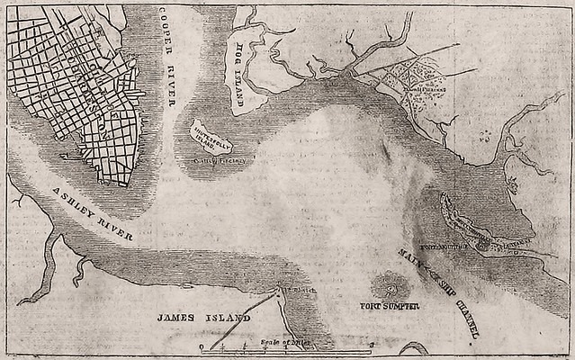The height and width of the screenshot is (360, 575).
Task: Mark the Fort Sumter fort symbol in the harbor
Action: click(x=391, y=287)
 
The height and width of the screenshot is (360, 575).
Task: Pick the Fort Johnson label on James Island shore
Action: click(x=290, y=291)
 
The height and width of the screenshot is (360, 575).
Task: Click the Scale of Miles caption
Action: click(x=282, y=341)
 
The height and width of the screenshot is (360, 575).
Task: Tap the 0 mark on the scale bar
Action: click(x=202, y=347)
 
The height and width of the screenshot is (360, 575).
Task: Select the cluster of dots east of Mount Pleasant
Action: click(x=487, y=135)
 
